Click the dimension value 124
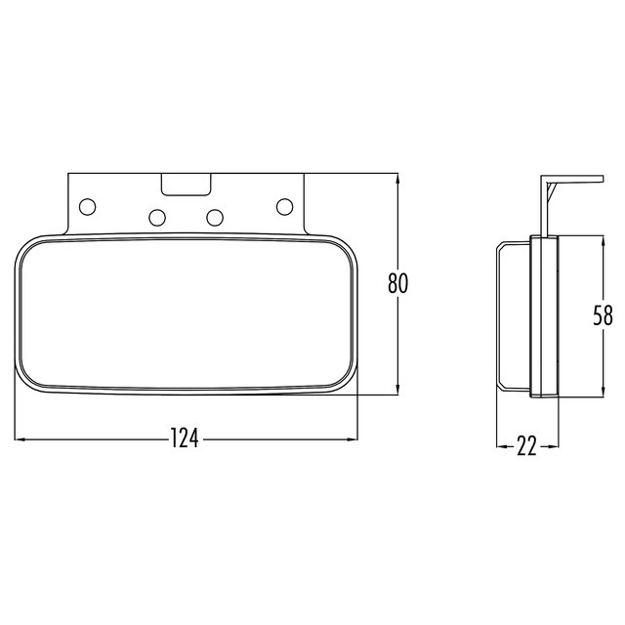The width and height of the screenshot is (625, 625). (184, 439)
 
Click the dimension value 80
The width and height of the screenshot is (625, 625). (397, 284)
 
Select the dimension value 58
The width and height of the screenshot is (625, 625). (604, 315)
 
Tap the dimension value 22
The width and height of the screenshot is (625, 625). (526, 446)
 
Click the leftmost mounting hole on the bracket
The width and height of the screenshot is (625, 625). (88, 206)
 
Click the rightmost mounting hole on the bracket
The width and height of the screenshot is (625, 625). (285, 206)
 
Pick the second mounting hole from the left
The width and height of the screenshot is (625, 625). (156, 216)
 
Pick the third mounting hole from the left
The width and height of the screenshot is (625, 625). (217, 216)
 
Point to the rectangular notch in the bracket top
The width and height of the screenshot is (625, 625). (187, 183)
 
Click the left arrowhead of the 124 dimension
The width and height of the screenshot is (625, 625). (20, 438)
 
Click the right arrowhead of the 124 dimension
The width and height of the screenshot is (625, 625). (354, 438)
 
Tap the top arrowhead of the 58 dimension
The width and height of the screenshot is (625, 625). (604, 239)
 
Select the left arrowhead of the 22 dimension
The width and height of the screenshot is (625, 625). (500, 446)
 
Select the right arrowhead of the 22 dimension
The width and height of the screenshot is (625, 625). (556, 446)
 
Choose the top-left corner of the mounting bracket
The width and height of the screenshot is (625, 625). (68, 175)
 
